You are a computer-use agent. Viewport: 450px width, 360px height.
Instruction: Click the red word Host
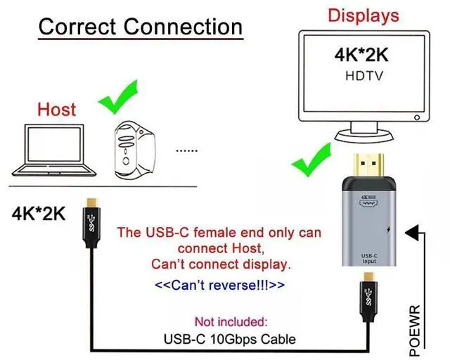click(x=56, y=110)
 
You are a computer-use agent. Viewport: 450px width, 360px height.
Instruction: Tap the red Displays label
click(x=364, y=15)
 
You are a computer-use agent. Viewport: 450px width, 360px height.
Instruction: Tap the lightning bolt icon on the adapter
click(x=389, y=231)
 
